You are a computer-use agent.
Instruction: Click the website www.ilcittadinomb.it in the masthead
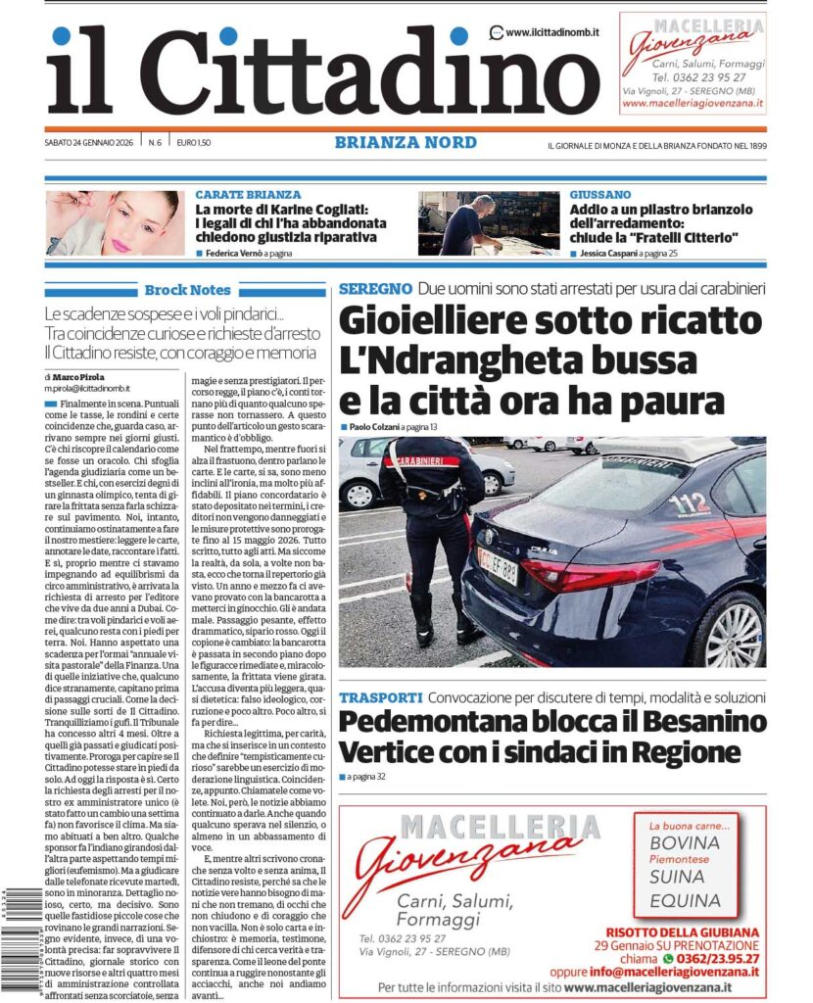(551, 32)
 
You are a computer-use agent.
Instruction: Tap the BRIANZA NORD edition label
(406, 143)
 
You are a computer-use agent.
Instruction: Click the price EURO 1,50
(194, 143)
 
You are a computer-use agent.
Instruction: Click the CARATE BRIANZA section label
(248, 195)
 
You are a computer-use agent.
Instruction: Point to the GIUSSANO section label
(599, 195)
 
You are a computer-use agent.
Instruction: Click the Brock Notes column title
(187, 290)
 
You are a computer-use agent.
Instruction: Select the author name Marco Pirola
(80, 376)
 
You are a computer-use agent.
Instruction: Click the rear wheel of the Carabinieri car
(731, 633)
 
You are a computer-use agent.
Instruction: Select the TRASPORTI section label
(381, 697)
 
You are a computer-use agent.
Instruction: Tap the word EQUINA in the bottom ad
(685, 900)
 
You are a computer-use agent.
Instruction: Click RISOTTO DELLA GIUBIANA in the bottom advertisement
(683, 931)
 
